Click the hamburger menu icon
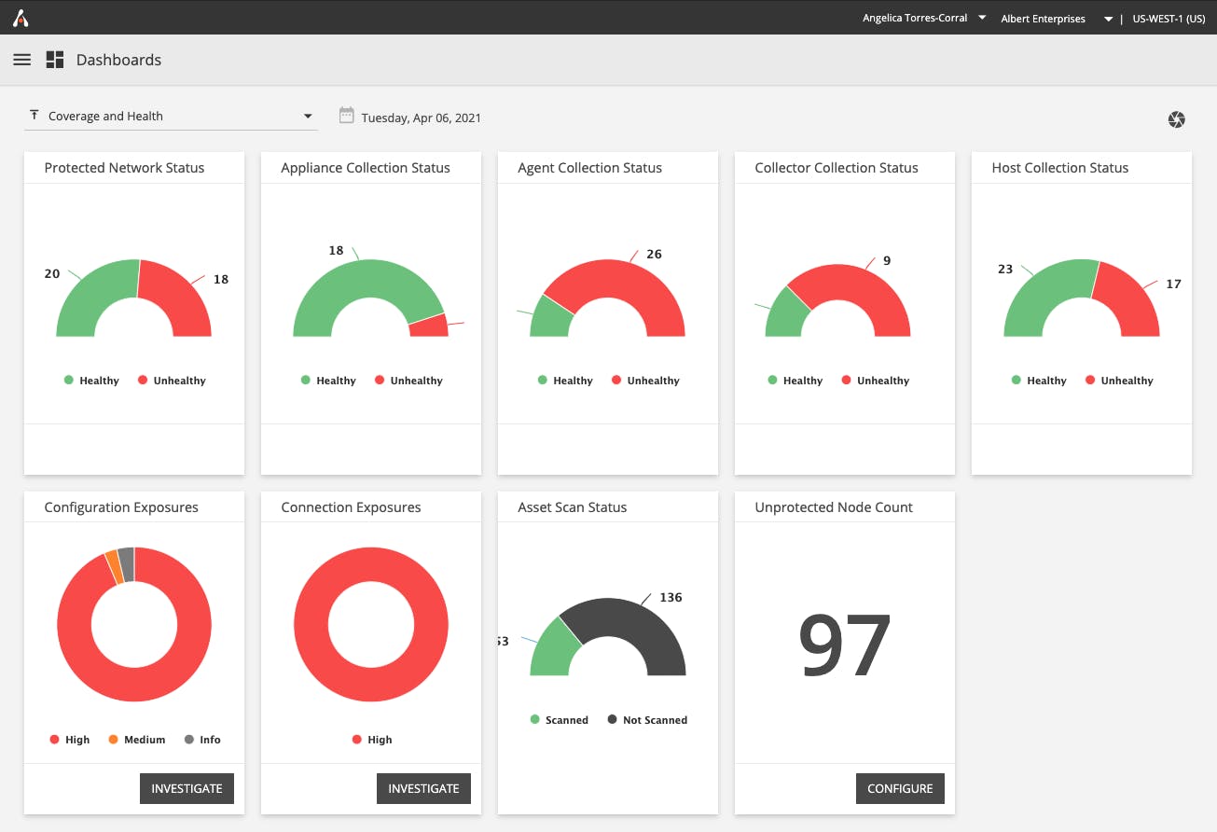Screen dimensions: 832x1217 pos(22,60)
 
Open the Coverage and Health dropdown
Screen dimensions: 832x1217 pos(171,117)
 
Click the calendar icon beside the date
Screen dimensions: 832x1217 pos(346,116)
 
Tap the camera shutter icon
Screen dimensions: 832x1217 pos(1176,119)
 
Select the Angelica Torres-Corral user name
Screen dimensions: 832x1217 pos(915,18)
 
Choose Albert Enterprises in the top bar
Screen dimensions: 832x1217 pos(1043,19)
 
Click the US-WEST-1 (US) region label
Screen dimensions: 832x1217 pos(1169,19)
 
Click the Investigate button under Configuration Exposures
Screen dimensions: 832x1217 pos(187,788)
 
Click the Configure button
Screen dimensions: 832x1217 pos(900,788)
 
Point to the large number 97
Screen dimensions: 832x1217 pos(845,645)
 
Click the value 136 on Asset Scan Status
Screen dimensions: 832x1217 pos(671,597)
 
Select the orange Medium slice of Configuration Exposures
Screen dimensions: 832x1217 pos(113,565)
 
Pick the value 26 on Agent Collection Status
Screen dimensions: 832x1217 pos(654,254)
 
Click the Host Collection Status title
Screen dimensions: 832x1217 pos(1059,168)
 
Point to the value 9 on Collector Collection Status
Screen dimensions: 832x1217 pos(887,261)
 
